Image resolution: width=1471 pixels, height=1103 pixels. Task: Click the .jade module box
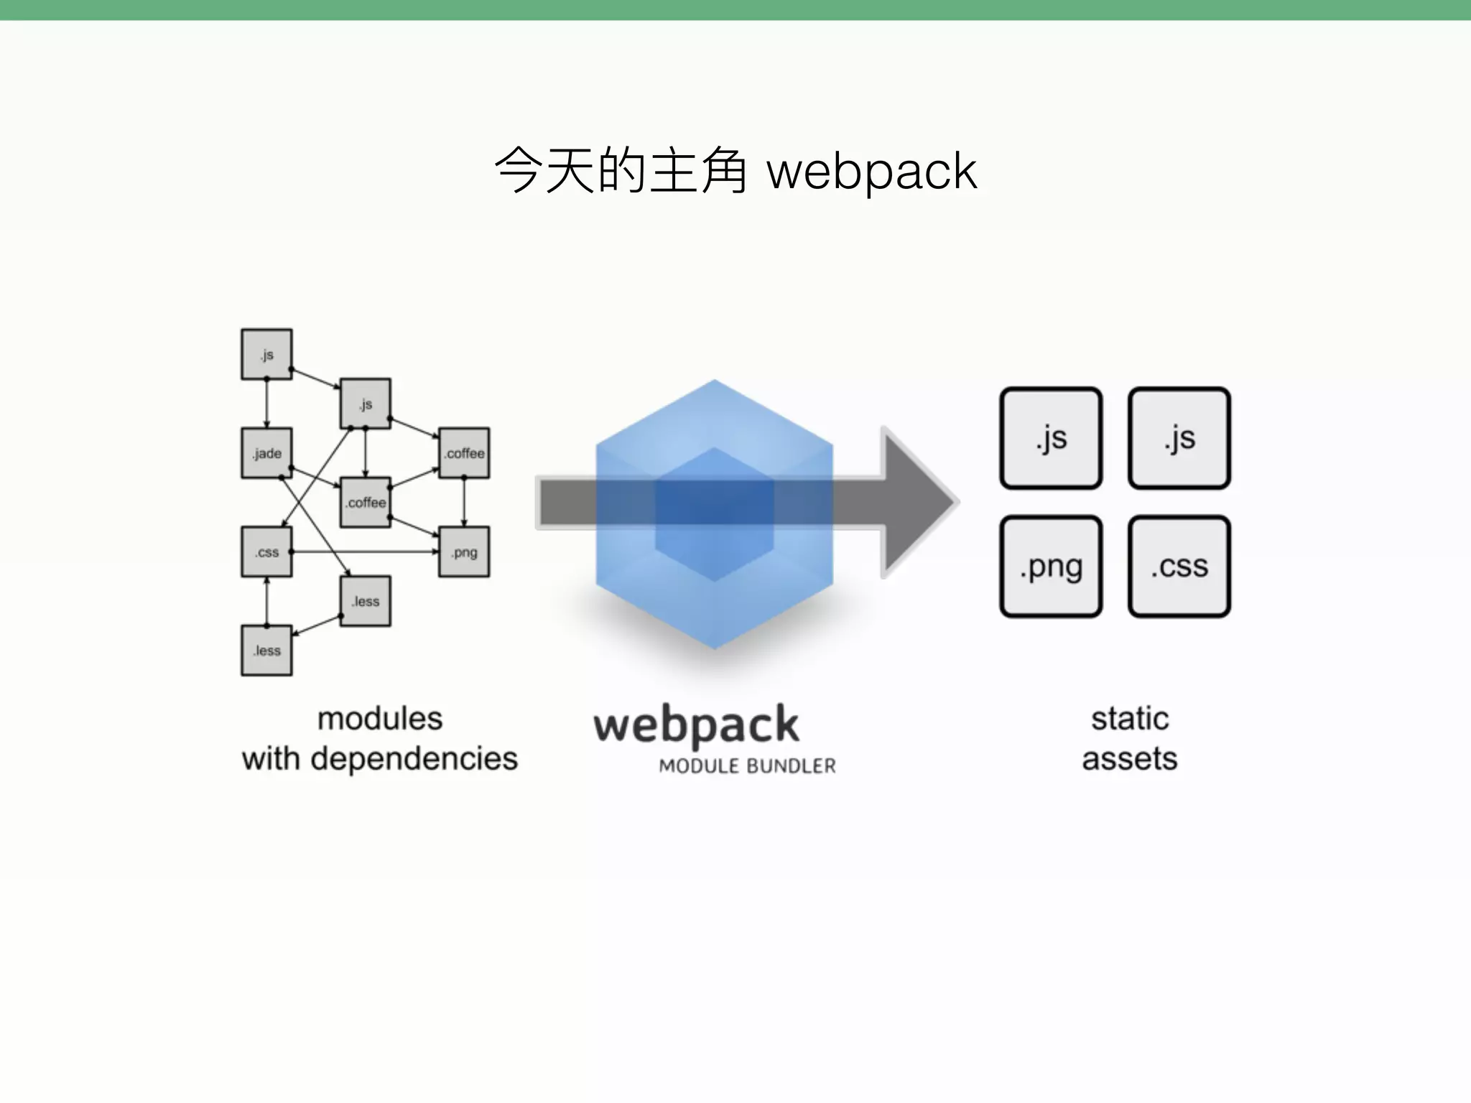click(266, 453)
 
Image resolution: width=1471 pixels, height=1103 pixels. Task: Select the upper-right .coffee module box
click(464, 453)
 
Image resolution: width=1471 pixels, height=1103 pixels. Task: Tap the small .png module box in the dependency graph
click(464, 552)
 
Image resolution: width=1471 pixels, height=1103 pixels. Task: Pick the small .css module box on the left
click(266, 552)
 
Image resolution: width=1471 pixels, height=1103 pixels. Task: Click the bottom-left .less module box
click(266, 651)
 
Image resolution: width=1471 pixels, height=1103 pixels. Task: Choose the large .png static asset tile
click(1051, 567)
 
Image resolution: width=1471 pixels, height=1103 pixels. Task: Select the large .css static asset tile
click(1179, 567)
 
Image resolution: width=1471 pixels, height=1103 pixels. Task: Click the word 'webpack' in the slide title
click(871, 172)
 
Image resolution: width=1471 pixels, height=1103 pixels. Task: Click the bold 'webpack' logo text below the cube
click(696, 725)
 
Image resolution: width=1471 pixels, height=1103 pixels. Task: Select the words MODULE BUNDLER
click(747, 766)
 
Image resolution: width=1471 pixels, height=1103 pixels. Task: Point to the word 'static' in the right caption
click(1130, 719)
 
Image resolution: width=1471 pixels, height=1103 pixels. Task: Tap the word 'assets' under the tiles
click(1130, 759)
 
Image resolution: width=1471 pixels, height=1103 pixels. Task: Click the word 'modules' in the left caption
click(380, 719)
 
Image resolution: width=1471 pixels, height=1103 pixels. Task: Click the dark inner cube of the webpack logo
click(714, 513)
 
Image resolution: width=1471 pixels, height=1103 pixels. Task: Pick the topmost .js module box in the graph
click(266, 355)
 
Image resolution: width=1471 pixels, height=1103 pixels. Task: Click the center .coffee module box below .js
click(366, 503)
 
